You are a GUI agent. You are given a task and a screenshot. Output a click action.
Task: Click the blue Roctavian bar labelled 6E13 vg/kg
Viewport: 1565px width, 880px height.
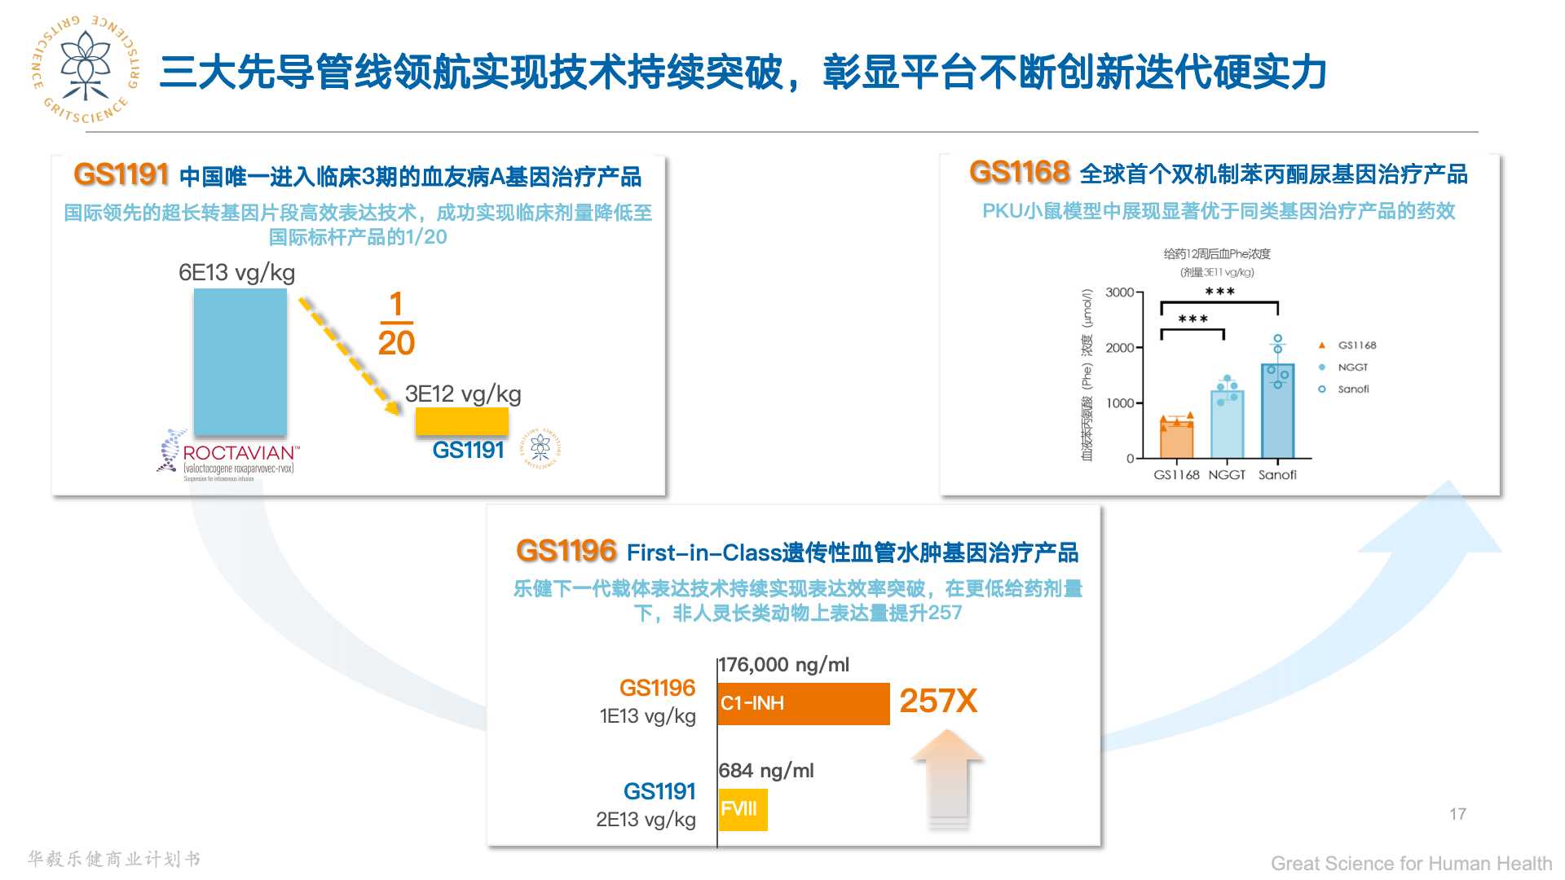point(240,362)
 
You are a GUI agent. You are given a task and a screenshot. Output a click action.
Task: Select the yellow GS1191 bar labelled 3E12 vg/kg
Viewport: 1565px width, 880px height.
point(461,421)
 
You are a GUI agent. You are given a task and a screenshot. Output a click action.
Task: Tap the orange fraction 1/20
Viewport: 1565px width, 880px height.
point(396,323)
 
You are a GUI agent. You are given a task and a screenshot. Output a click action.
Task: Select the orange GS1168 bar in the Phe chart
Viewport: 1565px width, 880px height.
point(1176,438)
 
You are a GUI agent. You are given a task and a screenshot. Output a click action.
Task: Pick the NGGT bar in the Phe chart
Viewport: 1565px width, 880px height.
point(1227,424)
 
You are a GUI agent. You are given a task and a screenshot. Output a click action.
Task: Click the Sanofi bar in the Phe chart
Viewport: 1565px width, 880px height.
point(1277,411)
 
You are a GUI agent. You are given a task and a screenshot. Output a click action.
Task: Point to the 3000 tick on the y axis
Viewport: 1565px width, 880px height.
point(1119,293)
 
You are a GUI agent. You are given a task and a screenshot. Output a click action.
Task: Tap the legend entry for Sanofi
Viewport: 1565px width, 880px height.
point(1352,389)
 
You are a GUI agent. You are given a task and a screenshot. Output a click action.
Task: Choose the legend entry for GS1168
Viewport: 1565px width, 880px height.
point(1356,345)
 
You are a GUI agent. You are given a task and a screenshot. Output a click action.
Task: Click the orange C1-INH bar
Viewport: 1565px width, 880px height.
point(803,703)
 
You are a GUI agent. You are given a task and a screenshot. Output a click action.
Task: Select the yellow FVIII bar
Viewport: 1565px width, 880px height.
point(742,809)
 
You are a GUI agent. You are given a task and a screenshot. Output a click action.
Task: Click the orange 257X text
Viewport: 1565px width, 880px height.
point(937,701)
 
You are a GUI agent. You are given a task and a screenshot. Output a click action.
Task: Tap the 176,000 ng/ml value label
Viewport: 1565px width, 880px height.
point(784,665)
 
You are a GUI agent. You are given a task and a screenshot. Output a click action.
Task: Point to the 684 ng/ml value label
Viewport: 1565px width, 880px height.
point(766,771)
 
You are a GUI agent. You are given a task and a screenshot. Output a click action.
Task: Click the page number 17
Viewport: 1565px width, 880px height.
point(1457,814)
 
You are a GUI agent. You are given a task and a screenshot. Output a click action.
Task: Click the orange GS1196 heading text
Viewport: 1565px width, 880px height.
point(566,552)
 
